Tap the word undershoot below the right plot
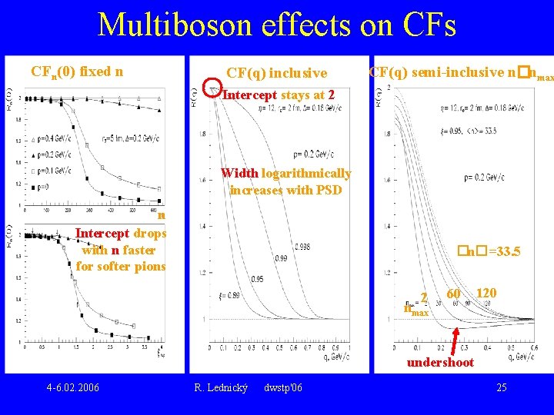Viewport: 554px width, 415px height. click(440, 362)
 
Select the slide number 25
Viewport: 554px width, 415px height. click(501, 387)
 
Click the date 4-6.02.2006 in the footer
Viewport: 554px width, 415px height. click(72, 387)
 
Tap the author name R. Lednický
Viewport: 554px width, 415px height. click(221, 387)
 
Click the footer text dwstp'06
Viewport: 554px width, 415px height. click(282, 387)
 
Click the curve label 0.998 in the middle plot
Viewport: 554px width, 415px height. click(302, 247)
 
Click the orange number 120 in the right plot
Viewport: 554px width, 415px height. click(486, 294)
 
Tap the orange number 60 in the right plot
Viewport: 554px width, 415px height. click(454, 294)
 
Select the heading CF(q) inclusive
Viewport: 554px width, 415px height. click(277, 73)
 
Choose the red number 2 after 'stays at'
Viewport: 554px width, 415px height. click(331, 95)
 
